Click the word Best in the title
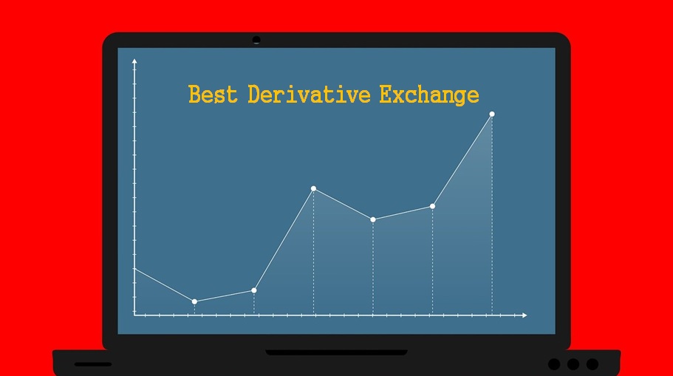tap(213, 94)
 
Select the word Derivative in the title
tap(309, 94)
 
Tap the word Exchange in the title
tap(429, 95)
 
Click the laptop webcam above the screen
tap(256, 40)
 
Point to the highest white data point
tap(492, 114)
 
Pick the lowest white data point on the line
tap(194, 301)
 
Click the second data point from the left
tap(254, 290)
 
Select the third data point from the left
tap(313, 188)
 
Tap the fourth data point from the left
tap(373, 219)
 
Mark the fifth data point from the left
tap(433, 206)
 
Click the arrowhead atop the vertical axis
tap(134, 61)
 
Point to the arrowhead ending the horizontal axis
tap(525, 315)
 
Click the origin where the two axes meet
tap(134, 315)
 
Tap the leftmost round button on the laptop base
tap(554, 364)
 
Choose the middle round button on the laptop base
tap(573, 364)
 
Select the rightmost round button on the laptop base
tap(592, 364)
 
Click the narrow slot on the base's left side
tap(92, 364)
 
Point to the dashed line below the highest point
tap(492, 216)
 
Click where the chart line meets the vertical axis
tap(134, 269)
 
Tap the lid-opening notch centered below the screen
tap(336, 352)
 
